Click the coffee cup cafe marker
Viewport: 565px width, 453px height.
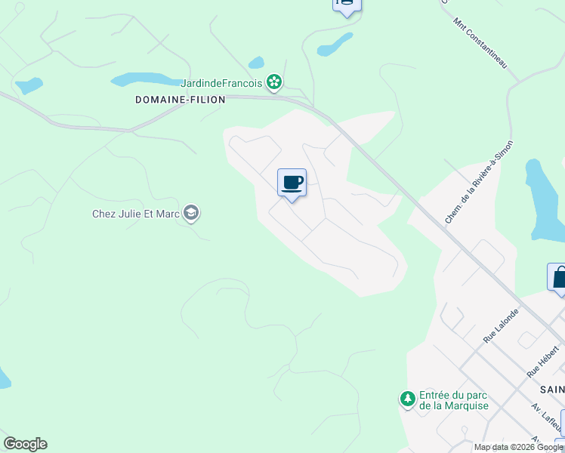coord(292,183)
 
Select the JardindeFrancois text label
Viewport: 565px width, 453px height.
coord(221,83)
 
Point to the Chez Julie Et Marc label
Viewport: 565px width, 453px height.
coord(136,214)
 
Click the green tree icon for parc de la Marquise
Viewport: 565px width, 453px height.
coord(407,399)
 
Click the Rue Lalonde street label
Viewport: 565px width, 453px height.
coord(502,325)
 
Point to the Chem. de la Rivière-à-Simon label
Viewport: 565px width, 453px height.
coord(480,181)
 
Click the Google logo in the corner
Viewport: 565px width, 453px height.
coord(25,444)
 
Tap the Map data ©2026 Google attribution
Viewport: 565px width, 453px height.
coord(518,447)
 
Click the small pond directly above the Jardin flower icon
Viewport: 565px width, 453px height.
coord(256,63)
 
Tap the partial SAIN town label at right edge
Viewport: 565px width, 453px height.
coord(552,389)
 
